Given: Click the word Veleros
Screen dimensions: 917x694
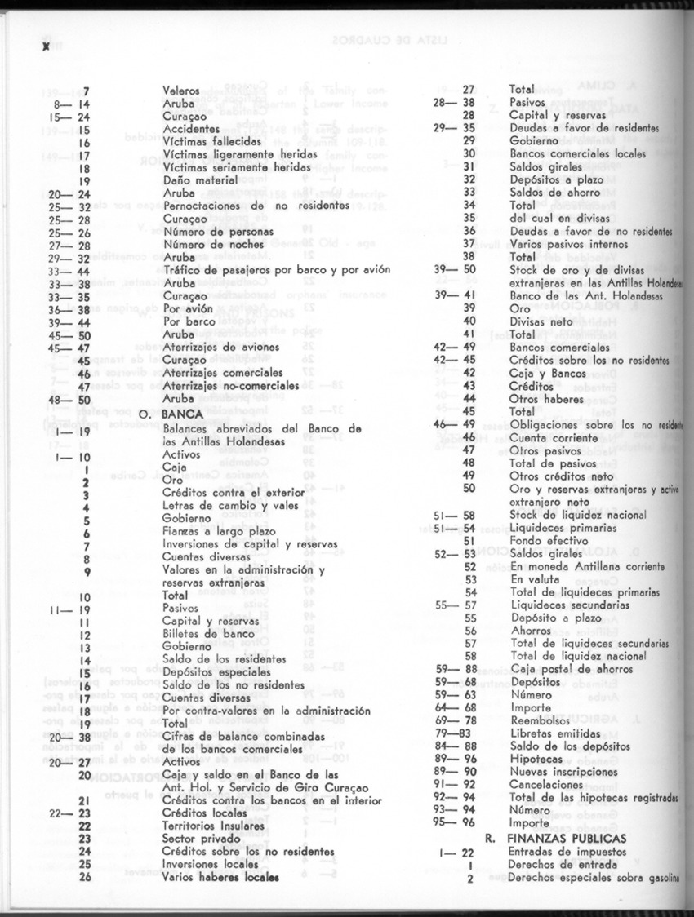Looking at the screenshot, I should pos(182,91).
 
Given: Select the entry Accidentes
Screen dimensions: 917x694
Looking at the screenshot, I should pos(191,129).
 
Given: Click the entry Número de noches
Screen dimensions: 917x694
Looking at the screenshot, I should pos(208,245).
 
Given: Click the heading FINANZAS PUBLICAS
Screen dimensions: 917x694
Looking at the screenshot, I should pos(567,838).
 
